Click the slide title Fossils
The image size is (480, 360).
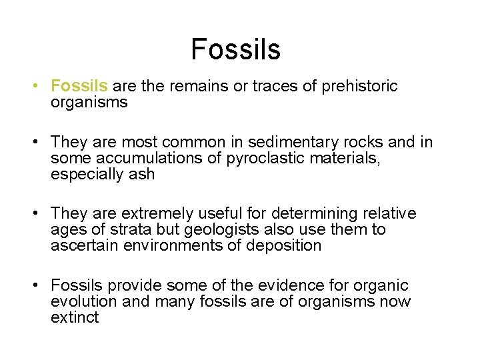[x=235, y=49]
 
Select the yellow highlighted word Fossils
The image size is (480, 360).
[x=79, y=86]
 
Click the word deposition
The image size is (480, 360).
[x=284, y=246]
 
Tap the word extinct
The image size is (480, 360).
[x=74, y=318]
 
